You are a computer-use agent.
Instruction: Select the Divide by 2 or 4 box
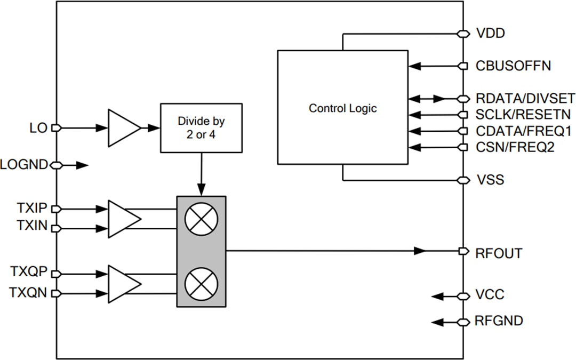coord(201,128)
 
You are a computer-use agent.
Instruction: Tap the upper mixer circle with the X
coord(201,219)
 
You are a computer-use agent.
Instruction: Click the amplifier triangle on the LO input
coord(123,128)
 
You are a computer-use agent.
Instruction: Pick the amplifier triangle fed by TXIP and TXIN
coord(123,219)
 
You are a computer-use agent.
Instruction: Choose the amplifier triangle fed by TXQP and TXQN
coord(123,284)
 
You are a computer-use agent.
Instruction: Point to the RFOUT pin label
coord(498,253)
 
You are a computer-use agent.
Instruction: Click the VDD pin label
coord(490,34)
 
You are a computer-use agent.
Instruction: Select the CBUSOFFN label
coord(513,66)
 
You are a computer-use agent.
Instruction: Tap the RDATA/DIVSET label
coord(525,99)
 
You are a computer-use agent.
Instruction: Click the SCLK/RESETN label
coord(523,115)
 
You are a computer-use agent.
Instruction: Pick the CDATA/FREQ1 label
coord(523,131)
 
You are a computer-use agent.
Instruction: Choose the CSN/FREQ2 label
coord(515,147)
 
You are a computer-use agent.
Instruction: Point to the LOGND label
coord(25,165)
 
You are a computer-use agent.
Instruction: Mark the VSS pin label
coord(489,180)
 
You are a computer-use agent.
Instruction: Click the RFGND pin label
coord(499,321)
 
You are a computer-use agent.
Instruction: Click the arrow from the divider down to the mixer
coord(202,176)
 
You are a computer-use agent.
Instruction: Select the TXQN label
coord(29,293)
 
